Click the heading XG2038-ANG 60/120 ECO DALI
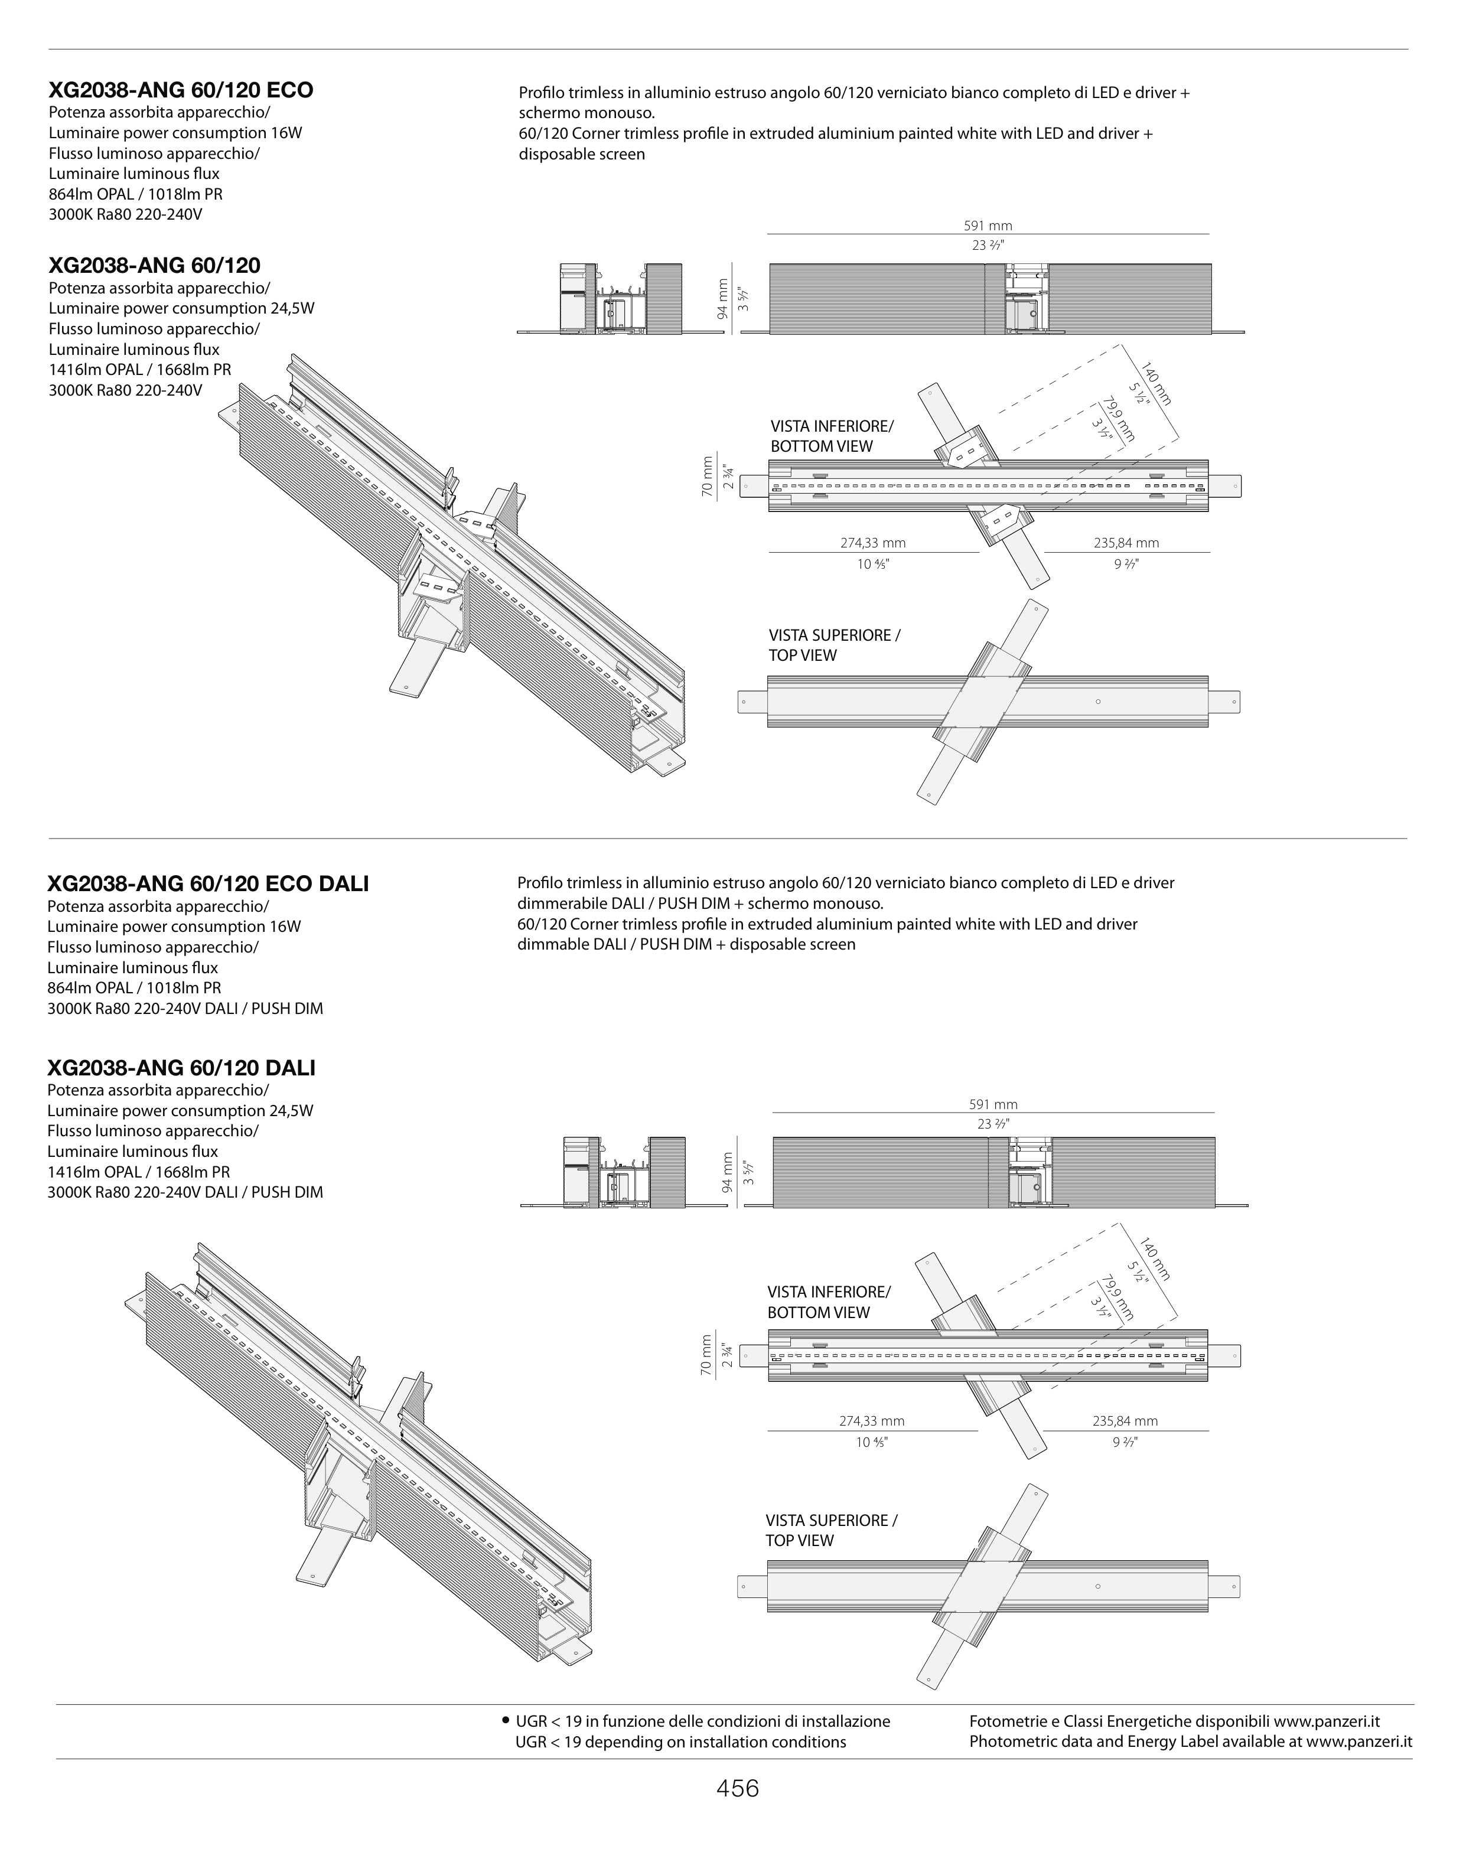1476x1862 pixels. coord(207,883)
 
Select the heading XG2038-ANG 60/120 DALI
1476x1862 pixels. coord(181,1068)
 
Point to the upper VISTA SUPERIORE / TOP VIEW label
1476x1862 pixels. coord(835,645)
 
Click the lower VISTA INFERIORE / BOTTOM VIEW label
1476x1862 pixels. coord(828,1302)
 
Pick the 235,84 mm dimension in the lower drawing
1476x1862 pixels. coord(1125,1421)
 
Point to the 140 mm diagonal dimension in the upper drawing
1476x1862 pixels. coord(1156,383)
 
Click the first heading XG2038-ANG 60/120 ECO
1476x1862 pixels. coord(181,90)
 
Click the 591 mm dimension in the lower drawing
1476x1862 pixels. coord(993,1104)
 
